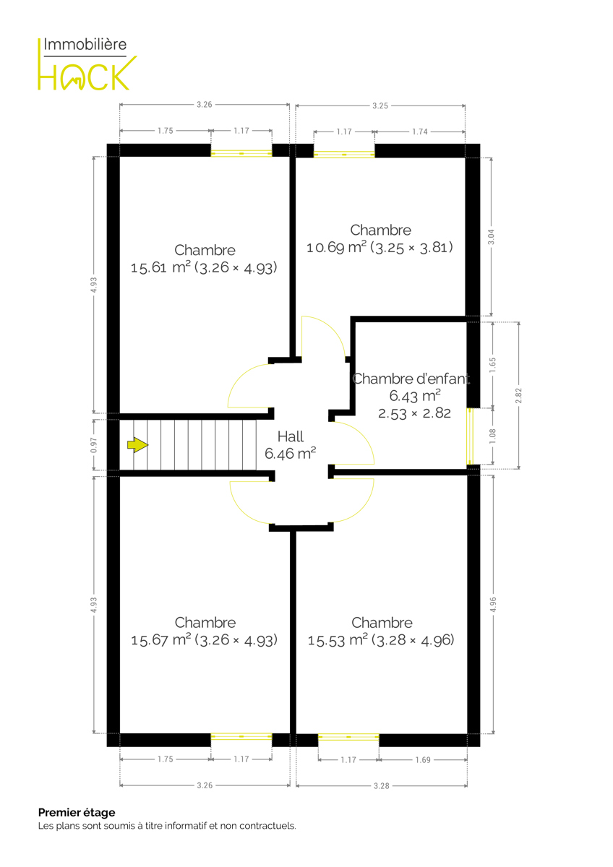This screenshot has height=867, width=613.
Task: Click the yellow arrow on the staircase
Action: coord(137,445)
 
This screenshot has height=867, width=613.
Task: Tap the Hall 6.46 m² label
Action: coord(291,445)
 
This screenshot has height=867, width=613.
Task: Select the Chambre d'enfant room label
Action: coord(411,379)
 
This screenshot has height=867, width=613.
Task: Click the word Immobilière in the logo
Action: coord(85,45)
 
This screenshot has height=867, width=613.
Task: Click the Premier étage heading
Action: coord(77,812)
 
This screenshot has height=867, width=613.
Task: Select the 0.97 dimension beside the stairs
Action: coord(94,445)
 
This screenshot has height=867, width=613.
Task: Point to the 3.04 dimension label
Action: coord(491,237)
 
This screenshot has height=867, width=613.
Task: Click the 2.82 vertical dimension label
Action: coord(518,396)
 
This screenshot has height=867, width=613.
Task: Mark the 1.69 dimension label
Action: coord(423,760)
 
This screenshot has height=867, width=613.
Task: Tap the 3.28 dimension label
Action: coord(382,786)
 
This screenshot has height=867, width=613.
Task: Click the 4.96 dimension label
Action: coord(493,605)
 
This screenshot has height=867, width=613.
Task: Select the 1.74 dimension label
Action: coord(420,131)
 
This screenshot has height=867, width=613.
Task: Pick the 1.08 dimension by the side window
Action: coord(492,436)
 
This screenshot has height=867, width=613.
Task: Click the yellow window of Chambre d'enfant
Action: coord(470,436)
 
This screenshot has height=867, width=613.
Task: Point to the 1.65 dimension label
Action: coord(492,366)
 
